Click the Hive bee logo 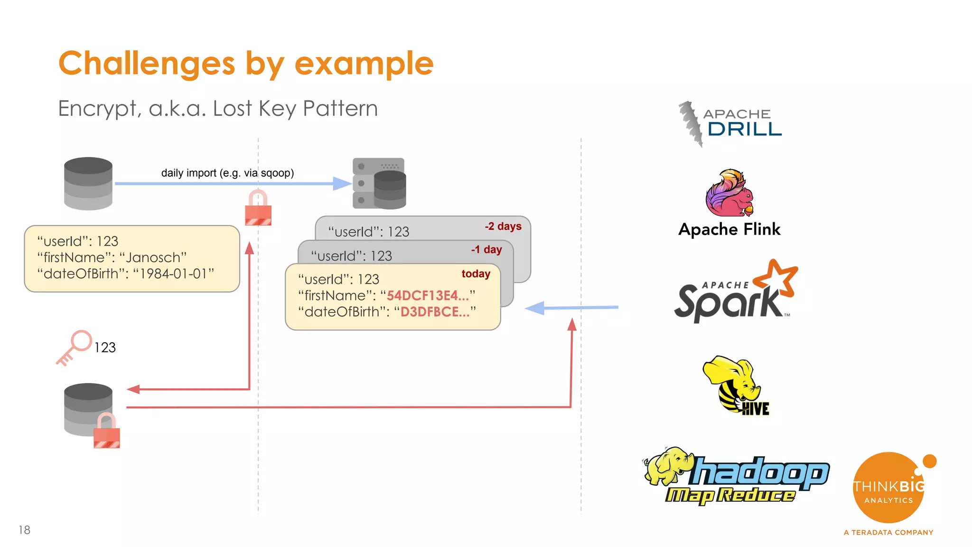pos(735,385)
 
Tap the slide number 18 pos(24,530)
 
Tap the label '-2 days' pos(503,226)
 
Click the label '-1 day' pos(486,250)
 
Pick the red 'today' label pos(476,274)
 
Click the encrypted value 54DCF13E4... pos(427,295)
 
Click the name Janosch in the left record pos(153,258)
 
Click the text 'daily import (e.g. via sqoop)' pos(227,173)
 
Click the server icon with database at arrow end pos(379,184)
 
